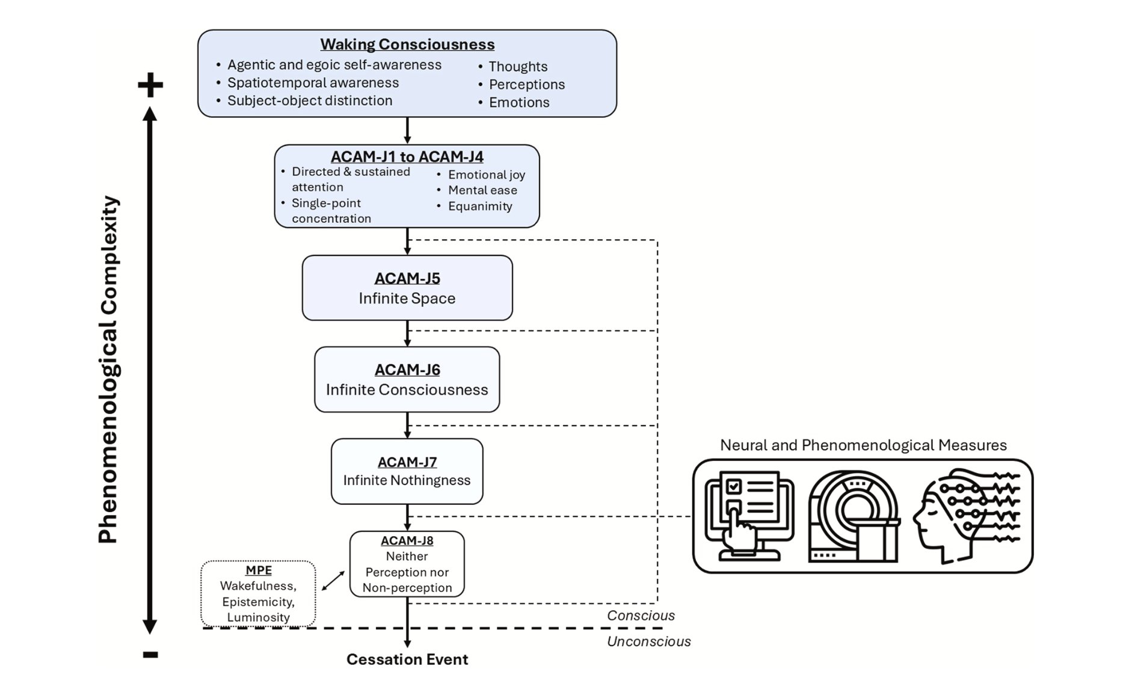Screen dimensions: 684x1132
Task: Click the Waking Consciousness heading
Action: click(x=407, y=44)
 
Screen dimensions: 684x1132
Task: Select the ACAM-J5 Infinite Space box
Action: click(x=407, y=288)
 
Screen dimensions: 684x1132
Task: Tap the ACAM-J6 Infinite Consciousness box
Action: click(x=407, y=379)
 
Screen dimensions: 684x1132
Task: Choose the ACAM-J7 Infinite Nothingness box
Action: click(x=407, y=471)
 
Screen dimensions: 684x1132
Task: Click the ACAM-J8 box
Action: click(x=407, y=564)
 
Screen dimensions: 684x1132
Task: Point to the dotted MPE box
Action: click(x=259, y=594)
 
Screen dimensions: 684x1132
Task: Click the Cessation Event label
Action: click(x=407, y=659)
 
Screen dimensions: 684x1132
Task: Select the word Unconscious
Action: click(x=648, y=641)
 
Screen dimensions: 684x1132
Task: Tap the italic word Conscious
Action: click(x=641, y=615)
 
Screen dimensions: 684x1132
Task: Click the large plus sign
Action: click(x=150, y=85)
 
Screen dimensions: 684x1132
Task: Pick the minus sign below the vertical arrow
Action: click(x=150, y=655)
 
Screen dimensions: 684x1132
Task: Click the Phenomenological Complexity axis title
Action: click(x=109, y=370)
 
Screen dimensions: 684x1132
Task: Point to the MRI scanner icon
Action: click(x=854, y=516)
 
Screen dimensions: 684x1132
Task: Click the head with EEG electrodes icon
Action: click(x=965, y=516)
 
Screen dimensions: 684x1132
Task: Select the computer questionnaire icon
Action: click(x=749, y=516)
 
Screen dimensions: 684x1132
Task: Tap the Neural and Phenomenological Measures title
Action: click(x=863, y=445)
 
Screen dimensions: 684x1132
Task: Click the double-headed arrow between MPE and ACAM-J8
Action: click(x=333, y=581)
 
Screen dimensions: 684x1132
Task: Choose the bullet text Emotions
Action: click(x=519, y=103)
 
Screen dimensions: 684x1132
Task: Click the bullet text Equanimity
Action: click(x=480, y=206)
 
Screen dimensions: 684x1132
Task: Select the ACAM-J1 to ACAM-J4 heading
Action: click(x=407, y=157)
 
